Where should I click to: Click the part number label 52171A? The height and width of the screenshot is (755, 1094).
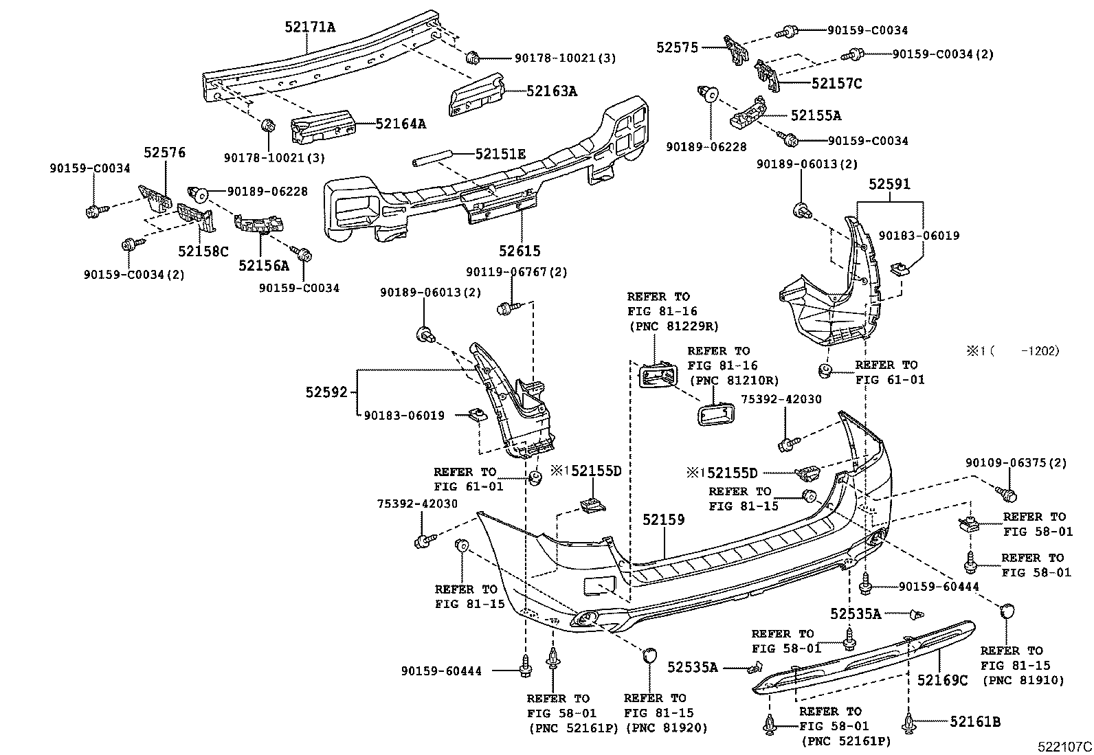(x=310, y=27)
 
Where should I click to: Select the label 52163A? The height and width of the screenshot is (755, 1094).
(x=551, y=90)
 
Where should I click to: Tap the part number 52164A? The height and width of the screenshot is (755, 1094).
(x=400, y=124)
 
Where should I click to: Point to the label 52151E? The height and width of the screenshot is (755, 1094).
(x=500, y=155)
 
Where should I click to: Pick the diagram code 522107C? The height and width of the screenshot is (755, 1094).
(x=1064, y=746)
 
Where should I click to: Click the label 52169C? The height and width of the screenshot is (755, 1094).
(x=942, y=680)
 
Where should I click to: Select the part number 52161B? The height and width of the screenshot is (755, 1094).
(x=975, y=721)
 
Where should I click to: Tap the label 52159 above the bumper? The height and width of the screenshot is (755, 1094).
(x=664, y=520)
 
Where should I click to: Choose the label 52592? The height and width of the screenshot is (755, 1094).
(x=328, y=392)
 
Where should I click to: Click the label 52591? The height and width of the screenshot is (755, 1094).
(x=889, y=184)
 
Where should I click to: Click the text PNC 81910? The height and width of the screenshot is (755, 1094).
(x=1023, y=680)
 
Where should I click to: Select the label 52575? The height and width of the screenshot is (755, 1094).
(x=677, y=47)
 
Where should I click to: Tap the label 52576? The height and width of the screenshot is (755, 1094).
(x=164, y=153)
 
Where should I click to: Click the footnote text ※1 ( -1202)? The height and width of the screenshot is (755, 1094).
(x=1014, y=351)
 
